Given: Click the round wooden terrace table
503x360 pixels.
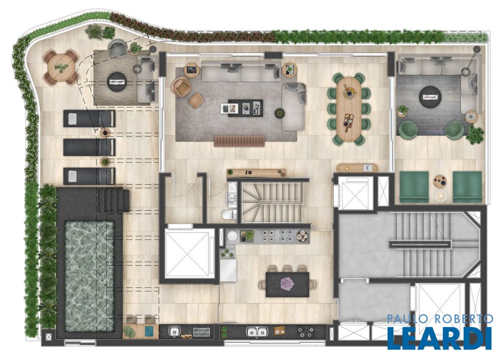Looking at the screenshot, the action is (x=60, y=68).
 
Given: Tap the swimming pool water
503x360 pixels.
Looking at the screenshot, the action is (x=89, y=276).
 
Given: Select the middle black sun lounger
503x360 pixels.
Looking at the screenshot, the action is (x=89, y=147).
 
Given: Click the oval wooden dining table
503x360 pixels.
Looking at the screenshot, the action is (x=349, y=108).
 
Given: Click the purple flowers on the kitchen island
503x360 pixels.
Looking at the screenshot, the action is (x=287, y=284).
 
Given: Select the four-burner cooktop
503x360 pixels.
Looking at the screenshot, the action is (x=306, y=332).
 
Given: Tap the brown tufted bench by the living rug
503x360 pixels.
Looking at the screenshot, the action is (x=239, y=141).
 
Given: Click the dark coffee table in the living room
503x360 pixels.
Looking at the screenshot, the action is (x=246, y=108).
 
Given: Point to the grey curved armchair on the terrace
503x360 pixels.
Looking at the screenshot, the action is (x=118, y=49).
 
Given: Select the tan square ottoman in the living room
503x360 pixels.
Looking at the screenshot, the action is (x=196, y=101).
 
